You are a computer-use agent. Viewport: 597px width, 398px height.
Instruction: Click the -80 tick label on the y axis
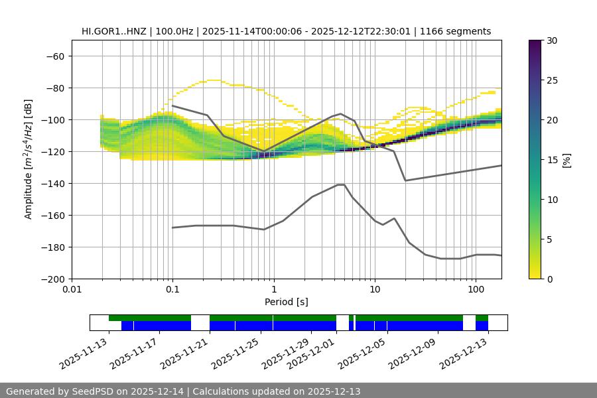(54, 88)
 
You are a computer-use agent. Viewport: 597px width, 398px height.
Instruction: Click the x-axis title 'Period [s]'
(287, 302)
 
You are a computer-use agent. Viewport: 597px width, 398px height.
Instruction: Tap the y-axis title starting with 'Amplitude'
(29, 159)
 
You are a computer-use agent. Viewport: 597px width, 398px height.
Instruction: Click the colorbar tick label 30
(552, 40)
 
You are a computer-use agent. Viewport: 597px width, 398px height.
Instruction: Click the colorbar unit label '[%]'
(566, 159)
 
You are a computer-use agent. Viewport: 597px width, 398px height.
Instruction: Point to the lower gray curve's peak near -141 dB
(341, 184)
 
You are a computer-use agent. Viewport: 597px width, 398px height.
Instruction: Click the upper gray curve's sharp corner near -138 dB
(405, 180)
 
